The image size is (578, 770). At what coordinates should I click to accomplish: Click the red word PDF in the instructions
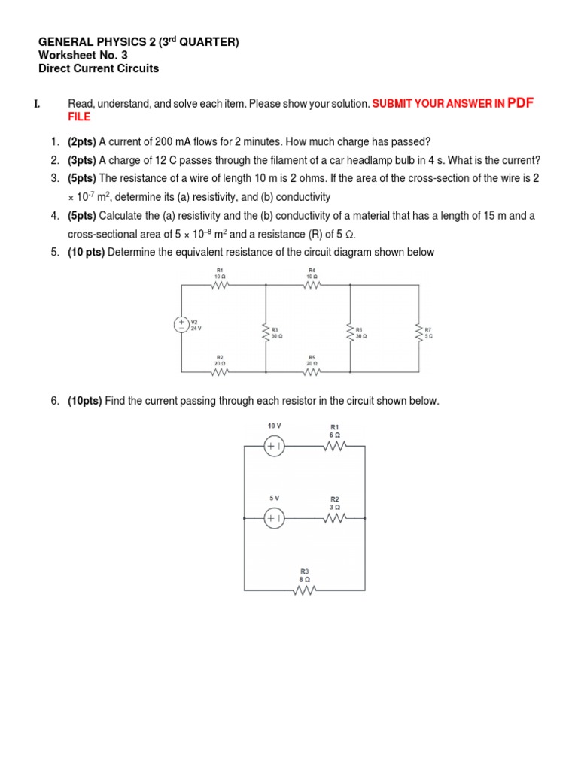point(521,103)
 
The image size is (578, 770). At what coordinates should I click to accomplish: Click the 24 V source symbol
point(181,325)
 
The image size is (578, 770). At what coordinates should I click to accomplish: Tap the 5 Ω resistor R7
point(418,332)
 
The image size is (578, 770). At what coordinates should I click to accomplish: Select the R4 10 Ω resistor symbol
point(312,284)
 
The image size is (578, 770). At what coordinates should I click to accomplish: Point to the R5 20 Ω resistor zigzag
point(312,372)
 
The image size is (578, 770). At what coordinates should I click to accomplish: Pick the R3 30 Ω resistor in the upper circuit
point(266,332)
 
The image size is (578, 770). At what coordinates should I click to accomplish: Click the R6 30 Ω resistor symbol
point(350,332)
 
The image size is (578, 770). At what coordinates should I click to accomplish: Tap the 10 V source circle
point(274,446)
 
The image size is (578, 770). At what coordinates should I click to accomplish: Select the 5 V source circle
point(274,518)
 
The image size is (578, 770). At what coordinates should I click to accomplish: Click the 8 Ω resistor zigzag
point(304,591)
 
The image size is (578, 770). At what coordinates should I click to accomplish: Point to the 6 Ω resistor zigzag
point(335,446)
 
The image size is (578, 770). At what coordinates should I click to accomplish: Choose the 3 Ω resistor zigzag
point(335,518)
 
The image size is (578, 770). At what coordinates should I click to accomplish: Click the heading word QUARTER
point(205,43)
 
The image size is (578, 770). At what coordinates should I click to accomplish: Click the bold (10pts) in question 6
point(85,401)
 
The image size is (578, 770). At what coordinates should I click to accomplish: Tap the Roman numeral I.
point(36,104)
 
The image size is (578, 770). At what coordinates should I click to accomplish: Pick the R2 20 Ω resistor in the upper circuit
point(220,372)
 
